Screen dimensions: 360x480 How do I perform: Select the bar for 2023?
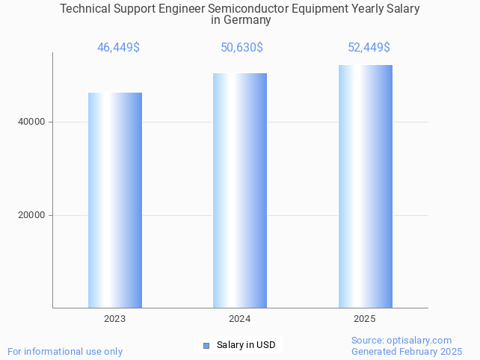pyautogui.click(x=115, y=200)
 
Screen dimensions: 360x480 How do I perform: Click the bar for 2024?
pyautogui.click(x=240, y=190)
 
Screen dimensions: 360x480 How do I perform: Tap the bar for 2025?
pyautogui.click(x=365, y=186)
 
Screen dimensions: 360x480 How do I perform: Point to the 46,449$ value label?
pyautogui.click(x=118, y=48)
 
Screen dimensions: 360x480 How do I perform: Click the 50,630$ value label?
pyautogui.click(x=241, y=48)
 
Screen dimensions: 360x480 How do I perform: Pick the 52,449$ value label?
pyautogui.click(x=369, y=48)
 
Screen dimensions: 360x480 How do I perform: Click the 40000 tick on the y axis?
pyautogui.click(x=32, y=122)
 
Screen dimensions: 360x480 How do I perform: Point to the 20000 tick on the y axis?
pyautogui.click(x=32, y=215)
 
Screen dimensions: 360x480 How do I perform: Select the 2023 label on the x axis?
pyautogui.click(x=115, y=319)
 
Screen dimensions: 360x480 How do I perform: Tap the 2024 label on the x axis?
pyautogui.click(x=240, y=319)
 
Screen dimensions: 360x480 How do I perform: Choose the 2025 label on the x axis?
pyautogui.click(x=365, y=319)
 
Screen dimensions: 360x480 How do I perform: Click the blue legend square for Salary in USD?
pyautogui.click(x=206, y=345)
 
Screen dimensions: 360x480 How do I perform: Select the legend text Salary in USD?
pyautogui.click(x=246, y=345)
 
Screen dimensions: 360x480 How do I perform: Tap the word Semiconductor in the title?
pyautogui.click(x=253, y=9)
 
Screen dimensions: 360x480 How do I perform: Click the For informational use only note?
pyautogui.click(x=65, y=351)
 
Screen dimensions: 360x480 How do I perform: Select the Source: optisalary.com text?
pyautogui.click(x=401, y=341)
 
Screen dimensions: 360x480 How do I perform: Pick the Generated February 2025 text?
pyautogui.click(x=407, y=351)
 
